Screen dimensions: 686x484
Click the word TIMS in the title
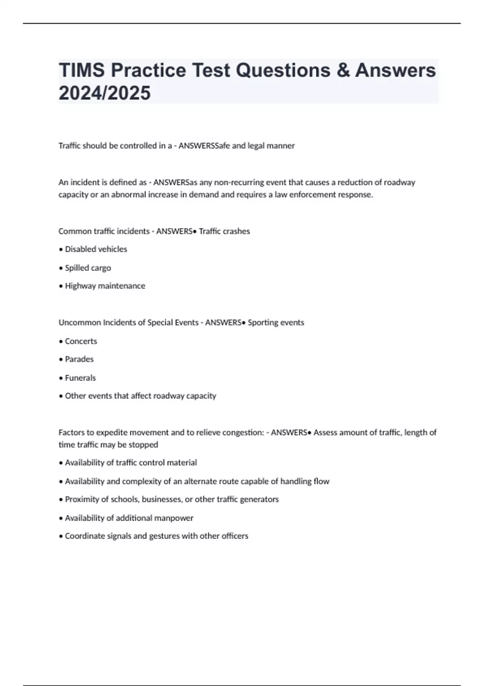(82, 70)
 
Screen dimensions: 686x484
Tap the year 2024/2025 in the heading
(104, 93)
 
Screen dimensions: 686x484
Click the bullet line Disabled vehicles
(96, 249)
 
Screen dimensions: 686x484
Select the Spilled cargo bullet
(88, 268)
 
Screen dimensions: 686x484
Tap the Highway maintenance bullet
(104, 286)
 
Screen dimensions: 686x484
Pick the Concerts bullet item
(81, 341)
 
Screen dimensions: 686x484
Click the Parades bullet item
(79, 359)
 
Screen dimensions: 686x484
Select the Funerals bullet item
(80, 378)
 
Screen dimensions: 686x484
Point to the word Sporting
(261, 322)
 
